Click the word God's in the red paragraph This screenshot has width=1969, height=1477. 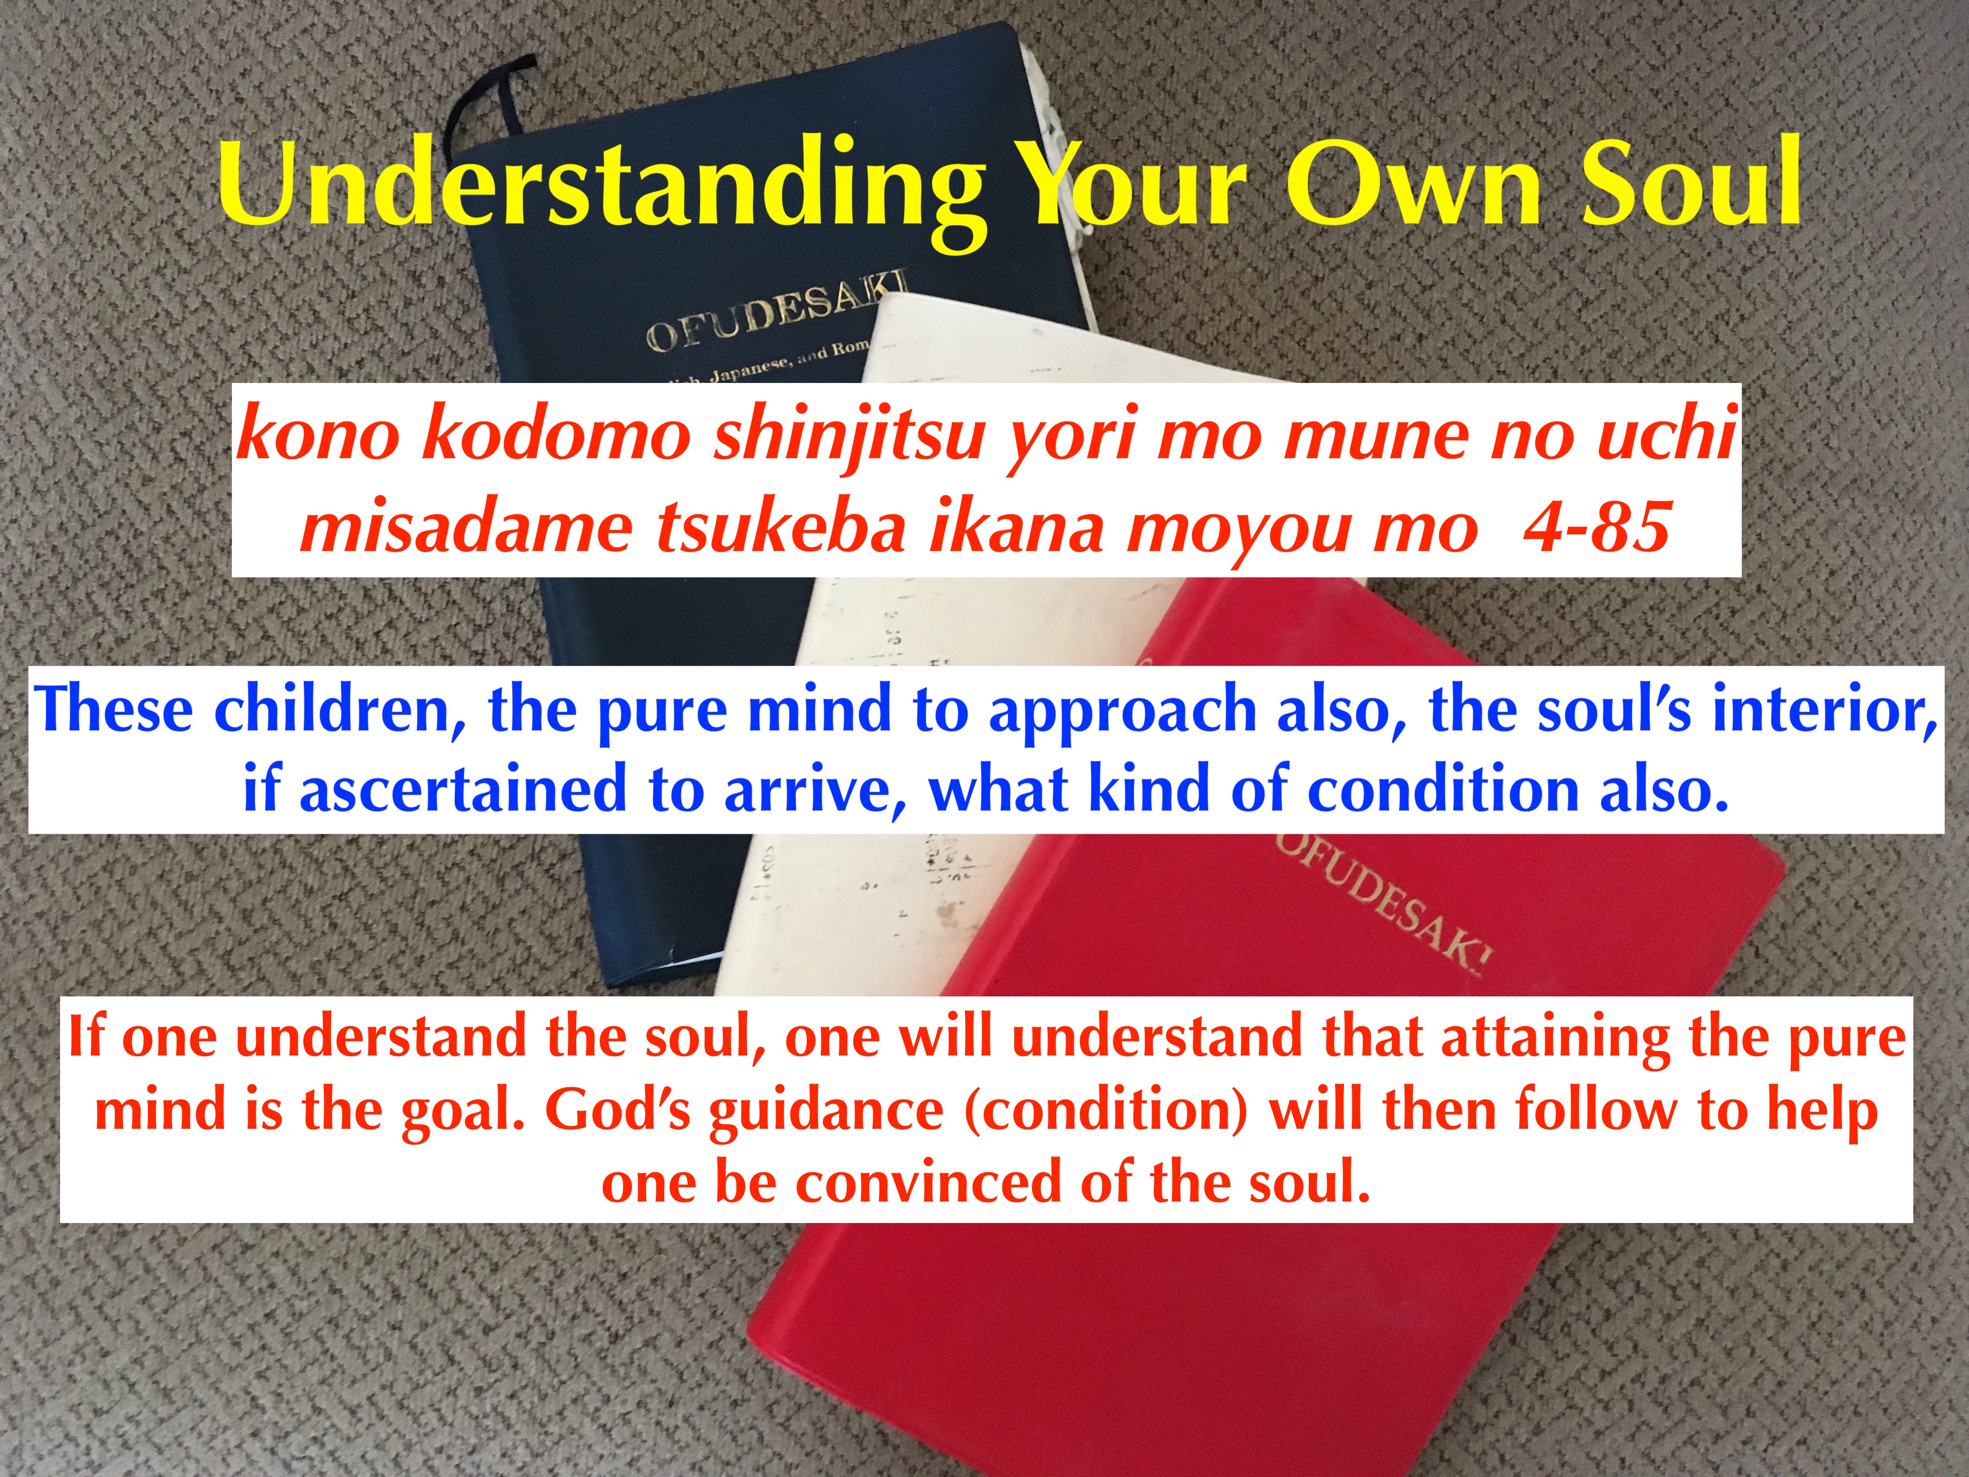(x=618, y=1110)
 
